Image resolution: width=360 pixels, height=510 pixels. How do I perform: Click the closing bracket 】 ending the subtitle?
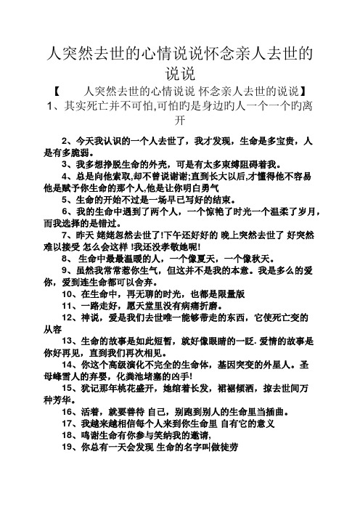tap(308, 91)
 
